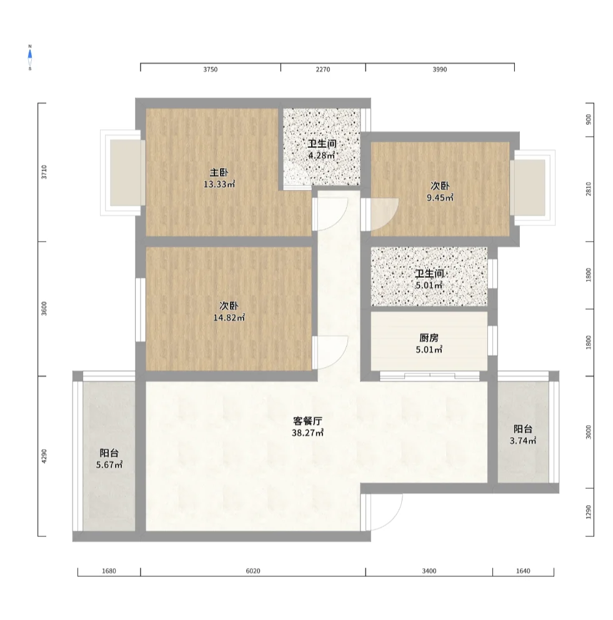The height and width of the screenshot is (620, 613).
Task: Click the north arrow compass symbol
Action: (29, 57)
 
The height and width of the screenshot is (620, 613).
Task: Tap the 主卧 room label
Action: (219, 172)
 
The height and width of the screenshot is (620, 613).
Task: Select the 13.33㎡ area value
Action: (219, 184)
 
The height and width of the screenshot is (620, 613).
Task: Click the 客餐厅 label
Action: (307, 421)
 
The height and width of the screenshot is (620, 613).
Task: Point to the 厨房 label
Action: (429, 338)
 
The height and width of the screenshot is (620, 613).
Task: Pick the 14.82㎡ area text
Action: (229, 318)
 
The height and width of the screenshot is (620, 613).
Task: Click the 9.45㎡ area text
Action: (440, 198)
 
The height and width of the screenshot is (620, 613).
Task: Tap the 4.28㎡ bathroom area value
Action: (322, 155)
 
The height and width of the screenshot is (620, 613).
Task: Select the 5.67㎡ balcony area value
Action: (109, 465)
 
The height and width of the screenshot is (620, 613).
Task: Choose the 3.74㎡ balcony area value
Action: (523, 441)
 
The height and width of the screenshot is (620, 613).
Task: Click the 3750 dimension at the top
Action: (211, 69)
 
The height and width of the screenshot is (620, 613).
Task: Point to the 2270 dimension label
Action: (323, 69)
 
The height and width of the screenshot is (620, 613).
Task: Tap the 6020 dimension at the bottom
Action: (253, 571)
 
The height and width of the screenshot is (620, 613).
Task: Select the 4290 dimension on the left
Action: (44, 456)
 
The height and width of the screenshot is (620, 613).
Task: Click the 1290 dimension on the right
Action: (589, 512)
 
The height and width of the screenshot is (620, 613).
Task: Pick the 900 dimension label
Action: (589, 120)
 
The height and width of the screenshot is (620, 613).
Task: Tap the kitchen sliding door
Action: (430, 376)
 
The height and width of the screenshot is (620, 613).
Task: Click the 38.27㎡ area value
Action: (307, 433)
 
